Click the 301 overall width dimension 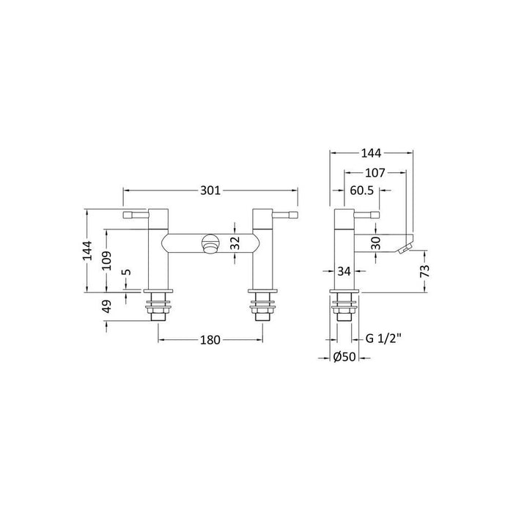[210, 191]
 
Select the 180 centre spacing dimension [211, 339]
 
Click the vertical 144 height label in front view [88, 251]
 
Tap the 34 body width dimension [345, 272]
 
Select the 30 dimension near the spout [376, 243]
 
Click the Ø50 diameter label [344, 357]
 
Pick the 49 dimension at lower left [106, 306]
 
